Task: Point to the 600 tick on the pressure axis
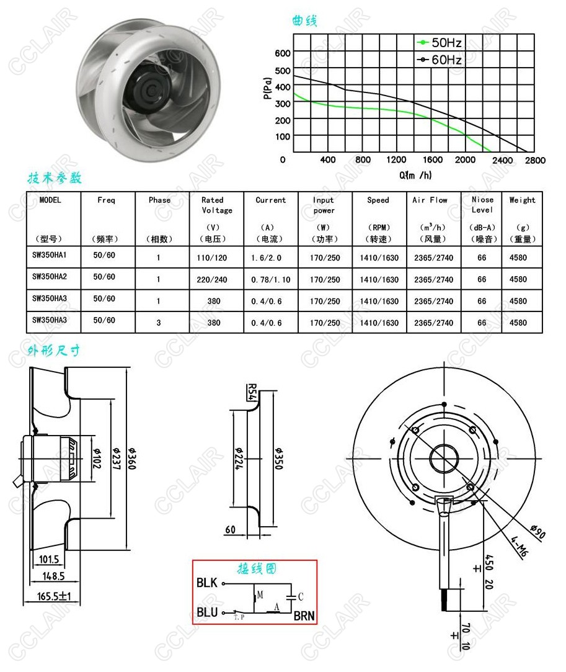(x=283, y=53)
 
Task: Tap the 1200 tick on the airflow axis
(x=396, y=160)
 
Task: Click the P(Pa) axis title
(x=268, y=88)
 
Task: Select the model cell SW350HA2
(x=50, y=276)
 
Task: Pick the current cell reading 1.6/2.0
(x=267, y=258)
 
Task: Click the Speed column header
(x=378, y=200)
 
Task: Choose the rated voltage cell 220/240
(x=212, y=279)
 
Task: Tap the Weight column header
(x=523, y=200)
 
